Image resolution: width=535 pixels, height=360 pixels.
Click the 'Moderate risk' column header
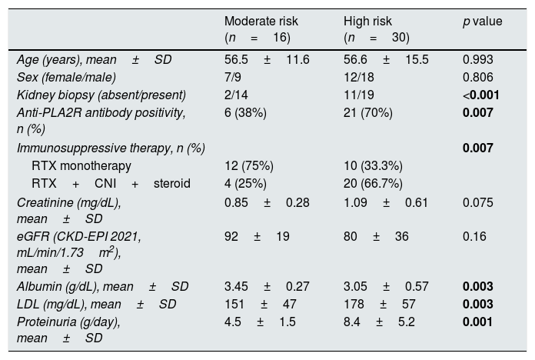point(261,22)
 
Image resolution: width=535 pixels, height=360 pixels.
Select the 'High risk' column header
point(367,22)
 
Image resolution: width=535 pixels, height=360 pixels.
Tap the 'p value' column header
point(483,22)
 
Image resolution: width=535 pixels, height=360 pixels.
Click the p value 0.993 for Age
point(477,59)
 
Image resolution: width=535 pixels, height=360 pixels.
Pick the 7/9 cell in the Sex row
point(233,77)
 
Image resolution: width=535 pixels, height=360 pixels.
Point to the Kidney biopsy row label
point(101,95)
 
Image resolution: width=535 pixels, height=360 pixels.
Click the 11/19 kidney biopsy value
point(359,95)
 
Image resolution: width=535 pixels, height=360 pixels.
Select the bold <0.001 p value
point(480,95)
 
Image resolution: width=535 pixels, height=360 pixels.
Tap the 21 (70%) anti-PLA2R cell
point(367,113)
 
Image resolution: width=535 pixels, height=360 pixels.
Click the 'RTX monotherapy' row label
point(81,166)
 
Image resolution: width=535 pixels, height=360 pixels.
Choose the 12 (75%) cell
point(249,166)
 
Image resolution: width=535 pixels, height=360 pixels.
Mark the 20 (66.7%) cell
point(373,184)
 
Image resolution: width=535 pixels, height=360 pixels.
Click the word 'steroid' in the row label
point(172,183)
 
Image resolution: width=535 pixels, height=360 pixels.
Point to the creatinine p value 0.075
point(477,202)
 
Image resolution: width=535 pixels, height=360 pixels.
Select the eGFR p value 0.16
point(474,236)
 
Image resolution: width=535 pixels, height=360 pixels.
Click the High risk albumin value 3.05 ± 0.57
point(386,286)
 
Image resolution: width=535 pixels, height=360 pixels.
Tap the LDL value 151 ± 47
point(261,304)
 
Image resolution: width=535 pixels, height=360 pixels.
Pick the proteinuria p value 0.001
point(477,322)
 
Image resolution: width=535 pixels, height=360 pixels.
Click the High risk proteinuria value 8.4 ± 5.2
point(379,322)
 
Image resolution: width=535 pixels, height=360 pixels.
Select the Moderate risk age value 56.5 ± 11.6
point(267,59)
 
